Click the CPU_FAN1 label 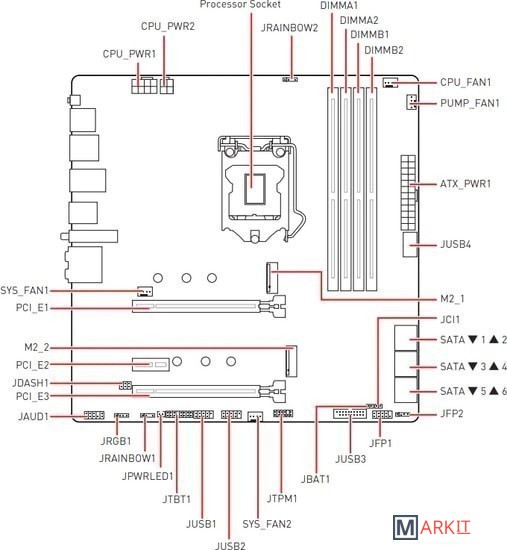tap(465, 82)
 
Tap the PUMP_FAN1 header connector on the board tap(412, 102)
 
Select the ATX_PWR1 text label tap(465, 184)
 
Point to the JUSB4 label tap(455, 244)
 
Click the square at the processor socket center tap(254, 188)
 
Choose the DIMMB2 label tap(384, 50)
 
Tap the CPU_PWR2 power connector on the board tap(167, 85)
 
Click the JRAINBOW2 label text tap(289, 28)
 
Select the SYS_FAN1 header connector tap(145, 291)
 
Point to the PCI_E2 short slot tap(151, 364)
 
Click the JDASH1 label tap(30, 383)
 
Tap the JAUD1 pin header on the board tap(94, 415)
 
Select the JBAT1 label tap(315, 479)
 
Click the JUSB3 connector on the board tap(350, 414)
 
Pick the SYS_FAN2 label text tap(267, 524)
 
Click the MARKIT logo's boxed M tap(405, 527)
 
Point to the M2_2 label tap(36, 347)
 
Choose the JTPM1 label tap(282, 498)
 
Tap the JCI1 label tap(450, 320)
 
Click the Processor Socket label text tap(240, 5)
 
